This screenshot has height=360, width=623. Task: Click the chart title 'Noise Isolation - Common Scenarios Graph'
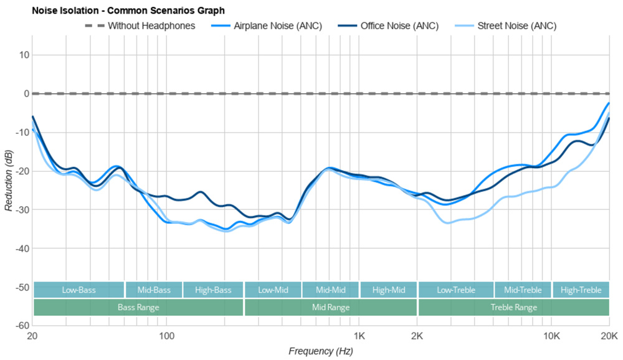[115, 11]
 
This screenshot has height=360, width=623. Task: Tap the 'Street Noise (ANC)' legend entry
[516, 26]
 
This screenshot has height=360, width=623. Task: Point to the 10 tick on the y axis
[24, 55]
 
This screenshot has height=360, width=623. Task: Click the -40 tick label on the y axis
[22, 249]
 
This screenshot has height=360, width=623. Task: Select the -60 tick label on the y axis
[22, 326]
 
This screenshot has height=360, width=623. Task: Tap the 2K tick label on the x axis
[417, 336]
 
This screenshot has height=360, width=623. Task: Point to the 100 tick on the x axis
[166, 336]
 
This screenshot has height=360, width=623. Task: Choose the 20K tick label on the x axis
[609, 336]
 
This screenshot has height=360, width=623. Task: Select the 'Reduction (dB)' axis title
[8, 181]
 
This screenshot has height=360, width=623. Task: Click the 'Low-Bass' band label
[78, 290]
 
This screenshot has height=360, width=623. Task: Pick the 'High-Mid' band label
[388, 290]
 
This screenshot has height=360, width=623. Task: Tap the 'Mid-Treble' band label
[523, 290]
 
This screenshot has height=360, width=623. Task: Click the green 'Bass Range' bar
[138, 308]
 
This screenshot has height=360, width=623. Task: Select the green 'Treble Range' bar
[513, 308]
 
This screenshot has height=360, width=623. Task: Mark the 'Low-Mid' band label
[273, 290]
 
